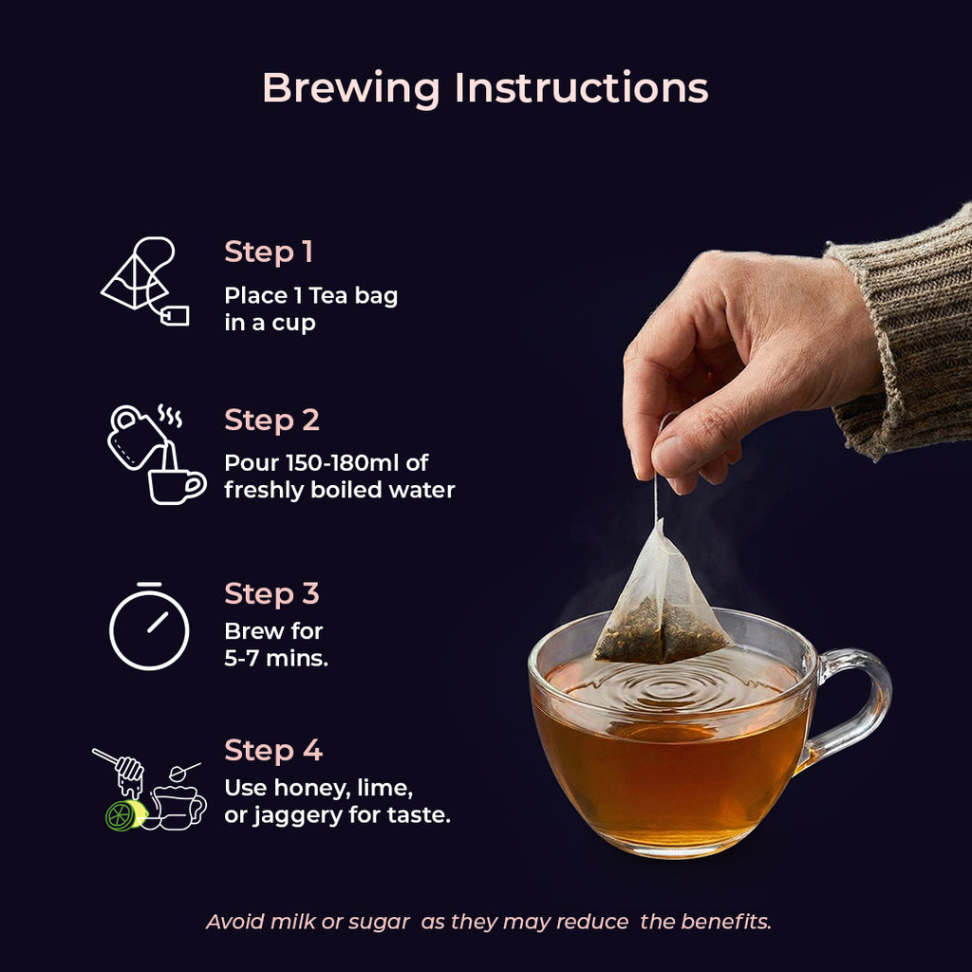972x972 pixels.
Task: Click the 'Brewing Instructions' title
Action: [485, 87]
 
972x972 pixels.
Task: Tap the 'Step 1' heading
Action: [269, 252]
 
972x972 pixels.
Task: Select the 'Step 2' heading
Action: [271, 421]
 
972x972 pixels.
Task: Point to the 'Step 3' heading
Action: [271, 593]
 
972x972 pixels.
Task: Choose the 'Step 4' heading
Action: [273, 750]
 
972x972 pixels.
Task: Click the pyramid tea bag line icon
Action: [144, 281]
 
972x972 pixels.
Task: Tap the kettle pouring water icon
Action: [157, 455]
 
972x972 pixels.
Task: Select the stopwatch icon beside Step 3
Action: [149, 626]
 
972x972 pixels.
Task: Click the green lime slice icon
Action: [125, 815]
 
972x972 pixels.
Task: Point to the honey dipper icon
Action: [119, 771]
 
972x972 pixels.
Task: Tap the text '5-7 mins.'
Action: [276, 658]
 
